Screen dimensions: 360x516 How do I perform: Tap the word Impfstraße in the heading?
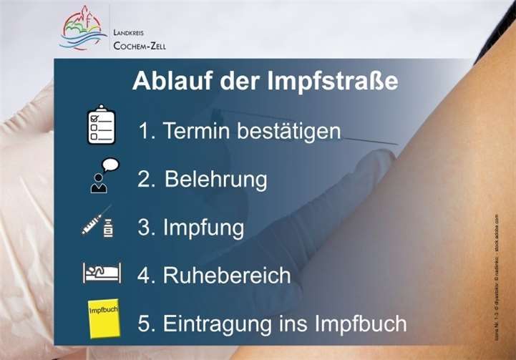pyautogui.click(x=329, y=82)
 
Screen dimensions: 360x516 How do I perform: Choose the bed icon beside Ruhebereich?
pyautogui.click(x=101, y=273)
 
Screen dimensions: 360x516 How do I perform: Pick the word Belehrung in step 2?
pyautogui.click(x=215, y=179)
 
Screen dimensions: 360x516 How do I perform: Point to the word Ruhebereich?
pyautogui.click(x=227, y=275)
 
